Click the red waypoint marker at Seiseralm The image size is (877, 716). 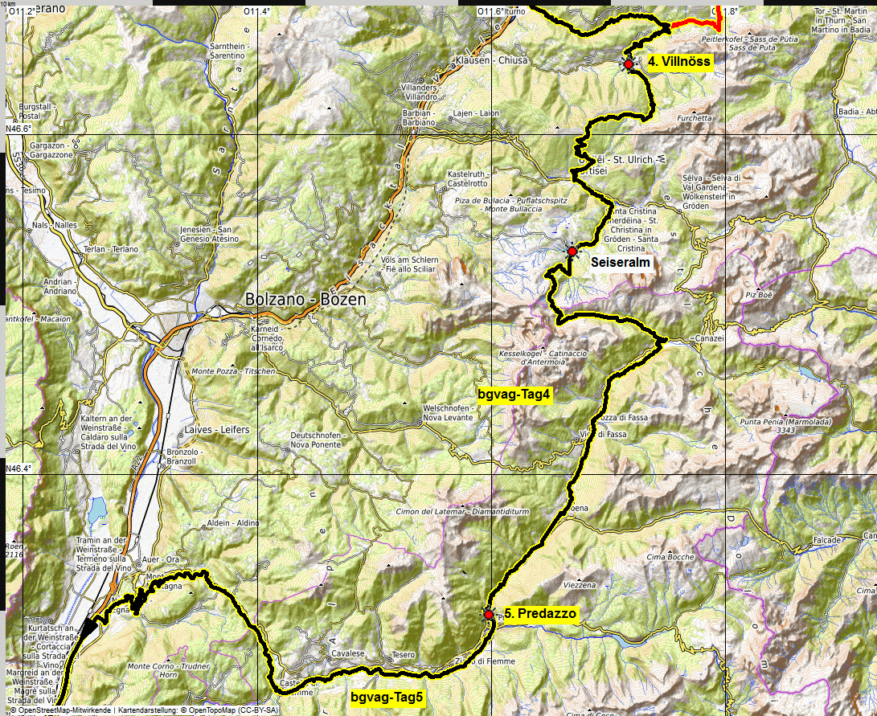[x=572, y=252]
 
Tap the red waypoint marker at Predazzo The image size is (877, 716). [x=489, y=614]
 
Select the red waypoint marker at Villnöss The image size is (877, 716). [x=628, y=63]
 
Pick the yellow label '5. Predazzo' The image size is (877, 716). [x=540, y=613]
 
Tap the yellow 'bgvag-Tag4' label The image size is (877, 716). [x=513, y=395]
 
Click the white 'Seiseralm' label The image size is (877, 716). [x=620, y=262]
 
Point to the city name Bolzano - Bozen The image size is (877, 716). [x=305, y=300]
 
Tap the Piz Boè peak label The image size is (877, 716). [x=759, y=295]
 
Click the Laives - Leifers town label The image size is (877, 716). [x=217, y=430]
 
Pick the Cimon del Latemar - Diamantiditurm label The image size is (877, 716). [x=462, y=512]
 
